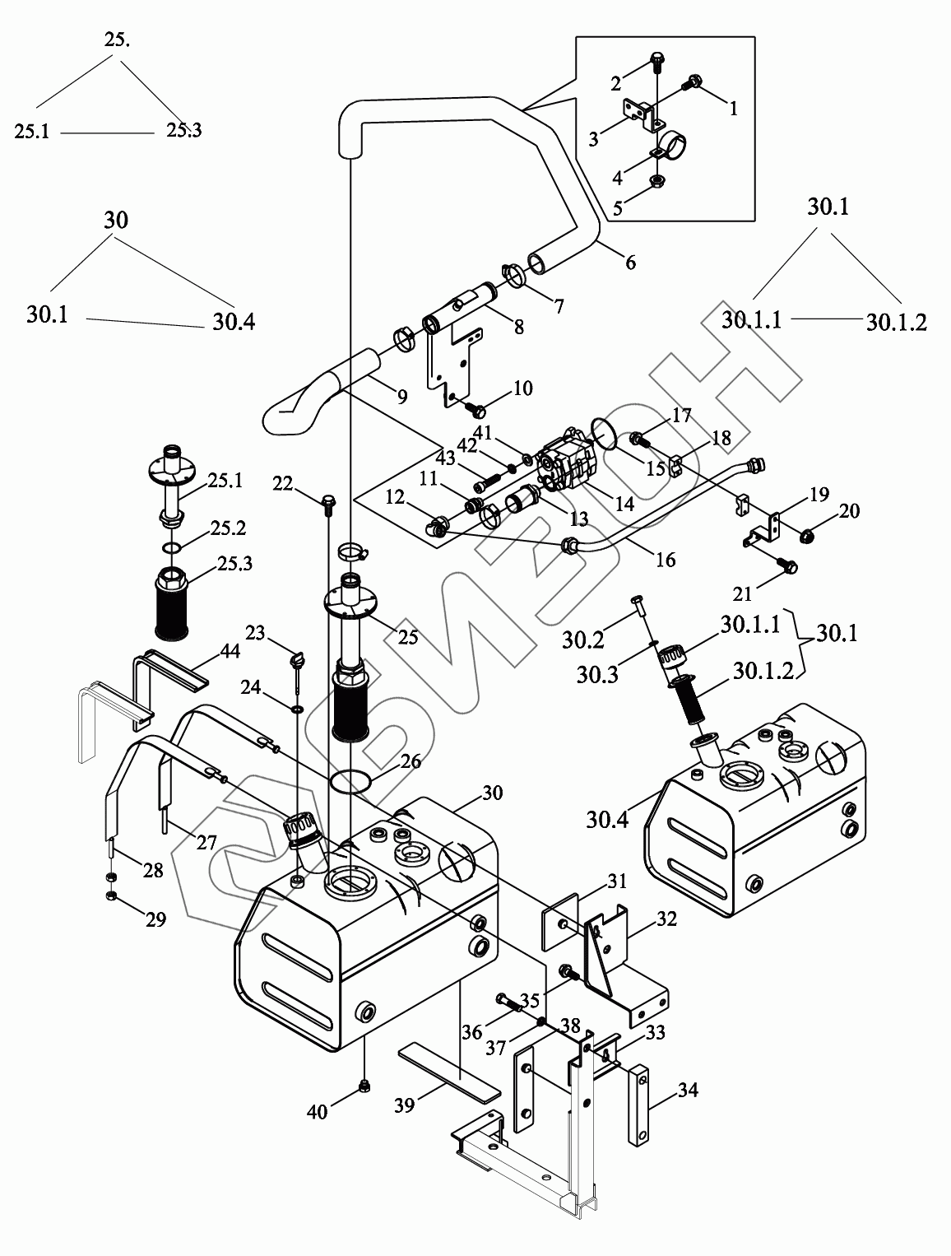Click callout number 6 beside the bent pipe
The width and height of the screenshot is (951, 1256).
coord(630,263)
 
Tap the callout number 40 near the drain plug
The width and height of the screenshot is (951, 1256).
coord(317,1113)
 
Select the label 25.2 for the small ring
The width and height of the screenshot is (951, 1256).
coord(228,528)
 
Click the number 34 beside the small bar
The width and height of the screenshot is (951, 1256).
coord(688,1091)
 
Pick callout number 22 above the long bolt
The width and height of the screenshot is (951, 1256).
coord(284,485)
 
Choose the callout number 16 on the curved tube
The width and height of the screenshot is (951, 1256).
coord(665,561)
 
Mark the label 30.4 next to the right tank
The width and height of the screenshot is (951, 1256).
coord(609,820)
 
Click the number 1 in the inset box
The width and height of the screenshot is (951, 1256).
coord(733,108)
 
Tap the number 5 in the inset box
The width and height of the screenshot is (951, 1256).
coord(617,209)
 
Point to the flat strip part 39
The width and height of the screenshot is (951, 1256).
coord(448,1073)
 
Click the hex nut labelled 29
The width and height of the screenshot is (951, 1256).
coord(110,896)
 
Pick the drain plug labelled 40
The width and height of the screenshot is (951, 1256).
coord(363,1091)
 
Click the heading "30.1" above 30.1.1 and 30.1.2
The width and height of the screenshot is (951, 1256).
coord(828,207)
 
